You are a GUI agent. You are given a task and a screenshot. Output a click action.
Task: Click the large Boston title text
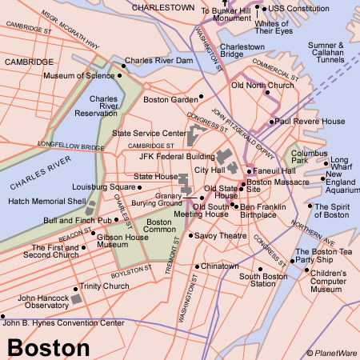pyautogui.click(x=49, y=347)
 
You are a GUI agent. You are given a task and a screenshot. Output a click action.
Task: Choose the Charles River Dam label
pyautogui.click(x=158, y=61)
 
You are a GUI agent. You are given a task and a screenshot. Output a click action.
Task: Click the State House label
pyautogui.click(x=155, y=176)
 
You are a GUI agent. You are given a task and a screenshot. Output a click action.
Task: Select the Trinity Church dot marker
pyautogui.click(x=76, y=287)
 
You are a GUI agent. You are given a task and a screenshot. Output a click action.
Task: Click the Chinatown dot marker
pyautogui.click(x=196, y=266)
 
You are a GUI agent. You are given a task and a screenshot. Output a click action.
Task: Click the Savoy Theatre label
pyautogui.click(x=218, y=235)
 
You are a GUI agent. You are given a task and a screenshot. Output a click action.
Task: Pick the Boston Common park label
pyautogui.click(x=159, y=227)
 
